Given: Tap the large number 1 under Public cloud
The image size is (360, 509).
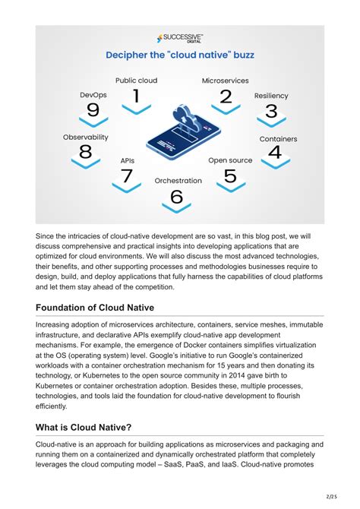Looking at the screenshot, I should point(136,96).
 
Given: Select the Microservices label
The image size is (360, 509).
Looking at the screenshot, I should point(226,80).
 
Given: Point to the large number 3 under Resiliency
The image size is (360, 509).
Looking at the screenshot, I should point(270,112).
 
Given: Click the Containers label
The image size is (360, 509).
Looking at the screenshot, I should point(278,139).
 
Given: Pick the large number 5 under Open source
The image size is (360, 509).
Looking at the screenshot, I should point(230,176).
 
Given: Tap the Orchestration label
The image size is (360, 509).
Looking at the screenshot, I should point(178,181).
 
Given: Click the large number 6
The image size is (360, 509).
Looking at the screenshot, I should point(177,197).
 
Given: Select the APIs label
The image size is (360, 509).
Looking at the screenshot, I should point(128,161).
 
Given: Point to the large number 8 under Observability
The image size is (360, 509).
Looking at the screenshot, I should point(85,152).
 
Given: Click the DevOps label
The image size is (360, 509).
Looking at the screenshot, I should point(93,95).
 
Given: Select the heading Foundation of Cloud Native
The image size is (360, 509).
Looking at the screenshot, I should point(93,308).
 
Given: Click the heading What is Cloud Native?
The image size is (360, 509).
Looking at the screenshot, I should point(84,427).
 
